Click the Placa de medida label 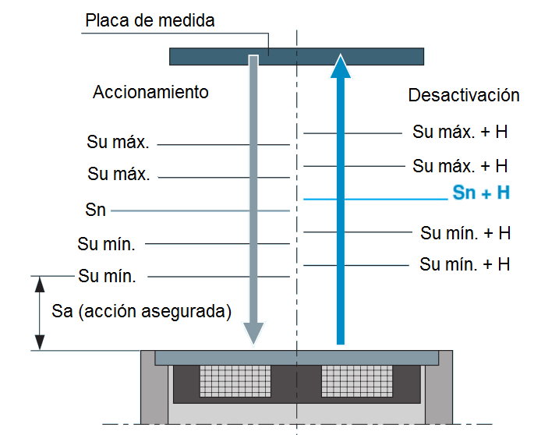[x=149, y=21]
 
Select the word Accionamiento [x=150, y=92]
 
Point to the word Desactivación [x=463, y=95]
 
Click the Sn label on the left [x=96, y=210]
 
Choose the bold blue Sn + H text [x=481, y=193]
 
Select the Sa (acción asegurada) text [x=142, y=312]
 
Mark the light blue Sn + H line [x=374, y=200]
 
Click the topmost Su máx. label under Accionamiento [x=118, y=143]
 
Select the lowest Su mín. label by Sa [x=107, y=276]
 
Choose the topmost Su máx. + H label [x=460, y=132]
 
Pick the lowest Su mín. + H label [x=465, y=264]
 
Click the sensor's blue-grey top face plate [x=296, y=357]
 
